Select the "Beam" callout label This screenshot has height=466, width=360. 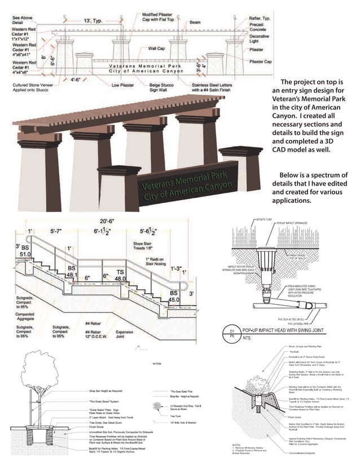click(x=195, y=23)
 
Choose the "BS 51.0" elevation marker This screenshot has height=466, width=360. click(x=23, y=251)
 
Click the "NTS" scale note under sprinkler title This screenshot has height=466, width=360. click(x=247, y=338)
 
